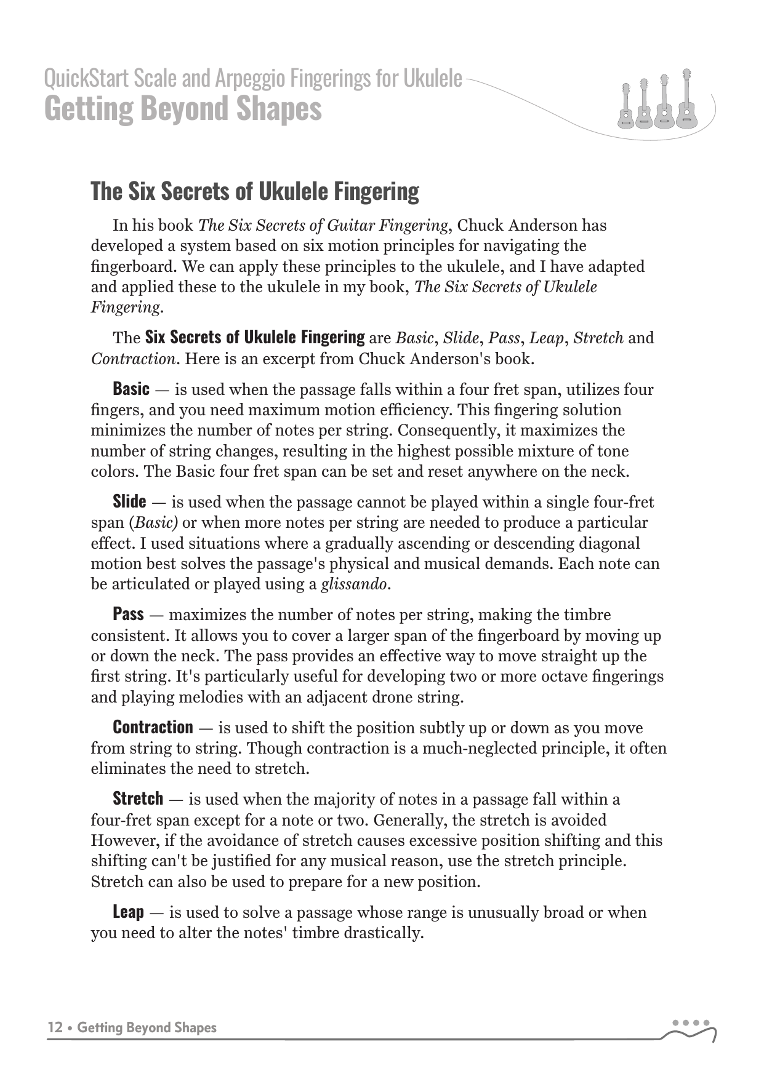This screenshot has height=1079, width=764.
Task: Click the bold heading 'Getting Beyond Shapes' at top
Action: [x=183, y=109]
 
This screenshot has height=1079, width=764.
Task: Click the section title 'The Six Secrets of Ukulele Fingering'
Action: [x=255, y=191]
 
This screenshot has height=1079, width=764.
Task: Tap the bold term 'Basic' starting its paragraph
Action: [x=131, y=389]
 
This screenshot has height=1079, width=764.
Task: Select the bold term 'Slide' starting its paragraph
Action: [x=129, y=502]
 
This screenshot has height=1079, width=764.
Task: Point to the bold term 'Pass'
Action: [x=128, y=615]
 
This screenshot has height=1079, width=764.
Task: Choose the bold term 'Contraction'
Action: [x=153, y=728]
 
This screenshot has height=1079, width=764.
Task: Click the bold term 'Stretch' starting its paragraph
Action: [x=138, y=799]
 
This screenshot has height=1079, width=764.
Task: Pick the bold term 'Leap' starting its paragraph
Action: [x=128, y=912]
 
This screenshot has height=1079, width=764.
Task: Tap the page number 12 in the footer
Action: [x=55, y=1028]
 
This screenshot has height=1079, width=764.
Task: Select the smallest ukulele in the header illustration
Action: [x=625, y=106]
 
